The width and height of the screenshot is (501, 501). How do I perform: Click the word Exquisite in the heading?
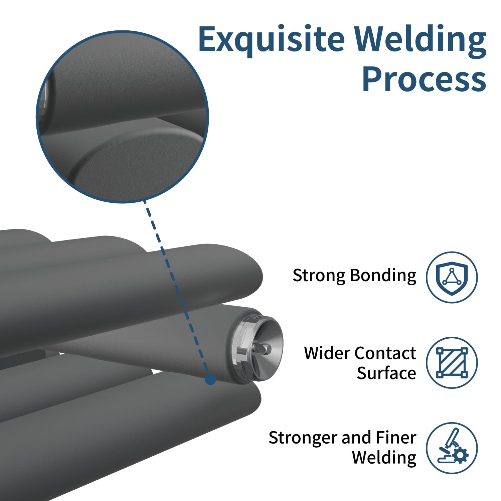click(271, 40)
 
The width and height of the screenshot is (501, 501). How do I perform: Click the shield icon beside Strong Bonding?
click(452, 277)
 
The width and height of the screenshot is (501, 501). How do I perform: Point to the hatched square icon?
click(452, 363)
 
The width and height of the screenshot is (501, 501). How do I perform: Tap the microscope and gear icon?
click(452, 448)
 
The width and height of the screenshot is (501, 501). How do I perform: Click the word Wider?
click(327, 353)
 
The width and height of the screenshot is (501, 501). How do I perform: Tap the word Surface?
click(386, 373)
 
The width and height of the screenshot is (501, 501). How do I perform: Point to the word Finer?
click(396, 438)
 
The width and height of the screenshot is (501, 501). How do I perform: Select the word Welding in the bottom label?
click(384, 458)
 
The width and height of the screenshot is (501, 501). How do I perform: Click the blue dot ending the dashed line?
click(210, 379)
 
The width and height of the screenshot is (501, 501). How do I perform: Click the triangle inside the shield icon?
click(452, 277)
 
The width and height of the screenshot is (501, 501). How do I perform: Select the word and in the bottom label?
click(356, 438)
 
